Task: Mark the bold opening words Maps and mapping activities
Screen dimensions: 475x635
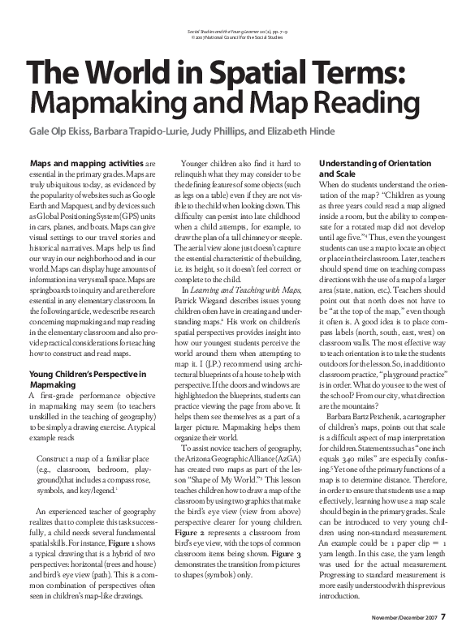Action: pyautogui.click(x=78, y=163)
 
